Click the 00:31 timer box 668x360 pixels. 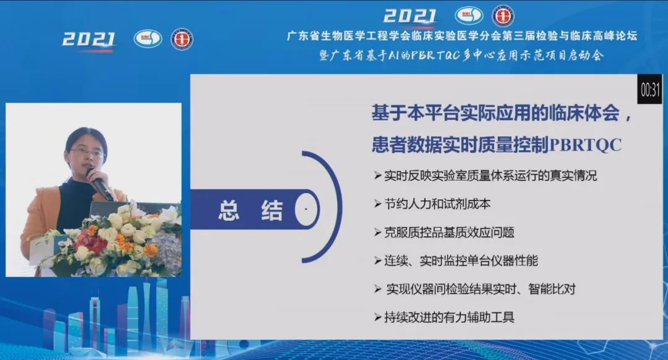click(x=649, y=90)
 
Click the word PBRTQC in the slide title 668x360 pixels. click(x=586, y=144)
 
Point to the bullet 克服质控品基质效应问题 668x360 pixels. click(x=444, y=232)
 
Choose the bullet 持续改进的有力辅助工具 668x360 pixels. click(x=444, y=317)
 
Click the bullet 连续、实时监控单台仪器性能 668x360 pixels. click(x=456, y=260)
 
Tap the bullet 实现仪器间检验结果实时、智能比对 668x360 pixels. click(x=474, y=289)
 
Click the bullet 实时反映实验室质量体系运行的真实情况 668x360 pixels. click(x=486, y=176)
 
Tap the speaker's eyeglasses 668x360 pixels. click(x=87, y=152)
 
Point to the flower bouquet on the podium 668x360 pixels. click(x=115, y=241)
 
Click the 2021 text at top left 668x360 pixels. click(x=89, y=40)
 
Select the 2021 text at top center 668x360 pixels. click(x=410, y=16)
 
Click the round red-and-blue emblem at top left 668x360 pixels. click(x=182, y=39)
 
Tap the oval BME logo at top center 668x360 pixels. click(x=469, y=15)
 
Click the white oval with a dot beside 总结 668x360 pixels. click(x=306, y=208)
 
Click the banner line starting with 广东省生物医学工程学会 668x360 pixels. click(x=462, y=36)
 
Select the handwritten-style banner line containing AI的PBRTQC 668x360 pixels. click(x=462, y=56)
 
